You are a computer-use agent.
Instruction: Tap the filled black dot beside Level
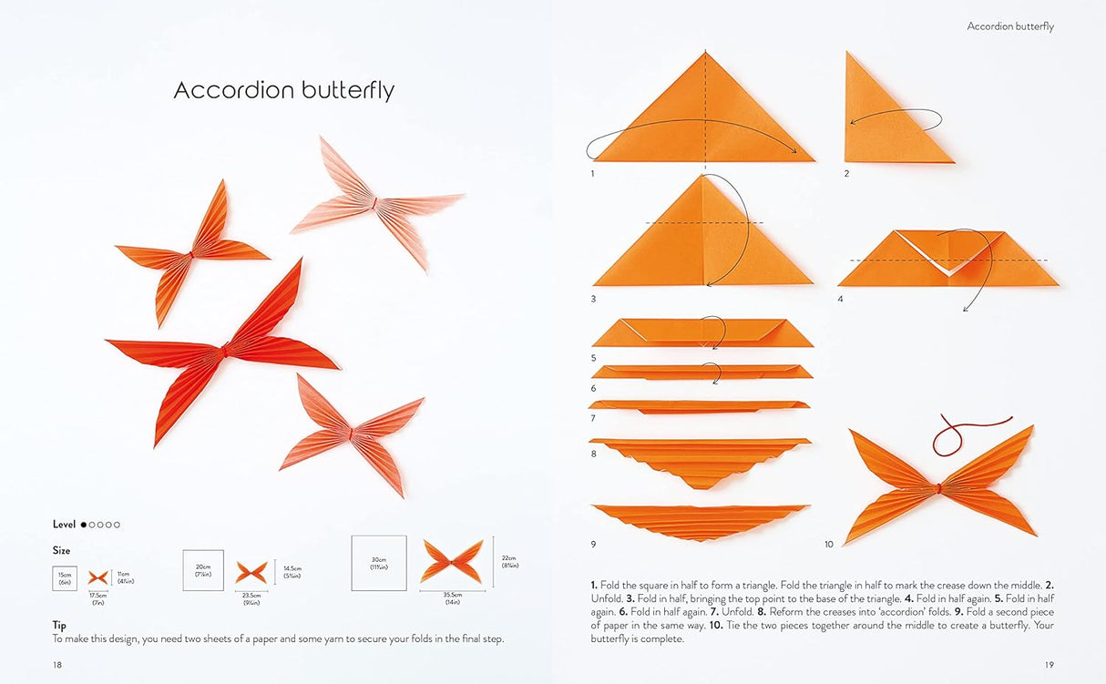coord(84,525)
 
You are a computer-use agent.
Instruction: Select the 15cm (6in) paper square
coord(65,578)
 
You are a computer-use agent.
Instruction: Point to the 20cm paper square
coord(203,570)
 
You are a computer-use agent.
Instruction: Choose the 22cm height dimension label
coord(508,562)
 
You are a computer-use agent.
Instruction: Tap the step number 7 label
coord(593,418)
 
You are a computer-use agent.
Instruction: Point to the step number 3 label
coord(593,299)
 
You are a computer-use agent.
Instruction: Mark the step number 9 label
coord(593,544)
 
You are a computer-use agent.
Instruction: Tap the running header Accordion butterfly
coord(1009,26)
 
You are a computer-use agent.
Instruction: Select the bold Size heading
coord(61,551)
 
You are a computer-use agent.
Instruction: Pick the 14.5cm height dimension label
coord(292,573)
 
